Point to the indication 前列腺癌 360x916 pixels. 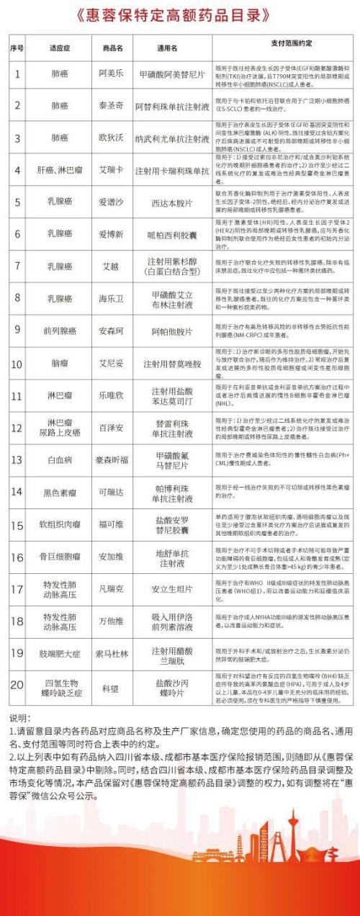click(60, 331)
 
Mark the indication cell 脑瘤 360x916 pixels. click(60, 363)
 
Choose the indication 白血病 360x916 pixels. click(60, 459)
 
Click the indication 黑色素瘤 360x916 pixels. click(60, 492)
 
